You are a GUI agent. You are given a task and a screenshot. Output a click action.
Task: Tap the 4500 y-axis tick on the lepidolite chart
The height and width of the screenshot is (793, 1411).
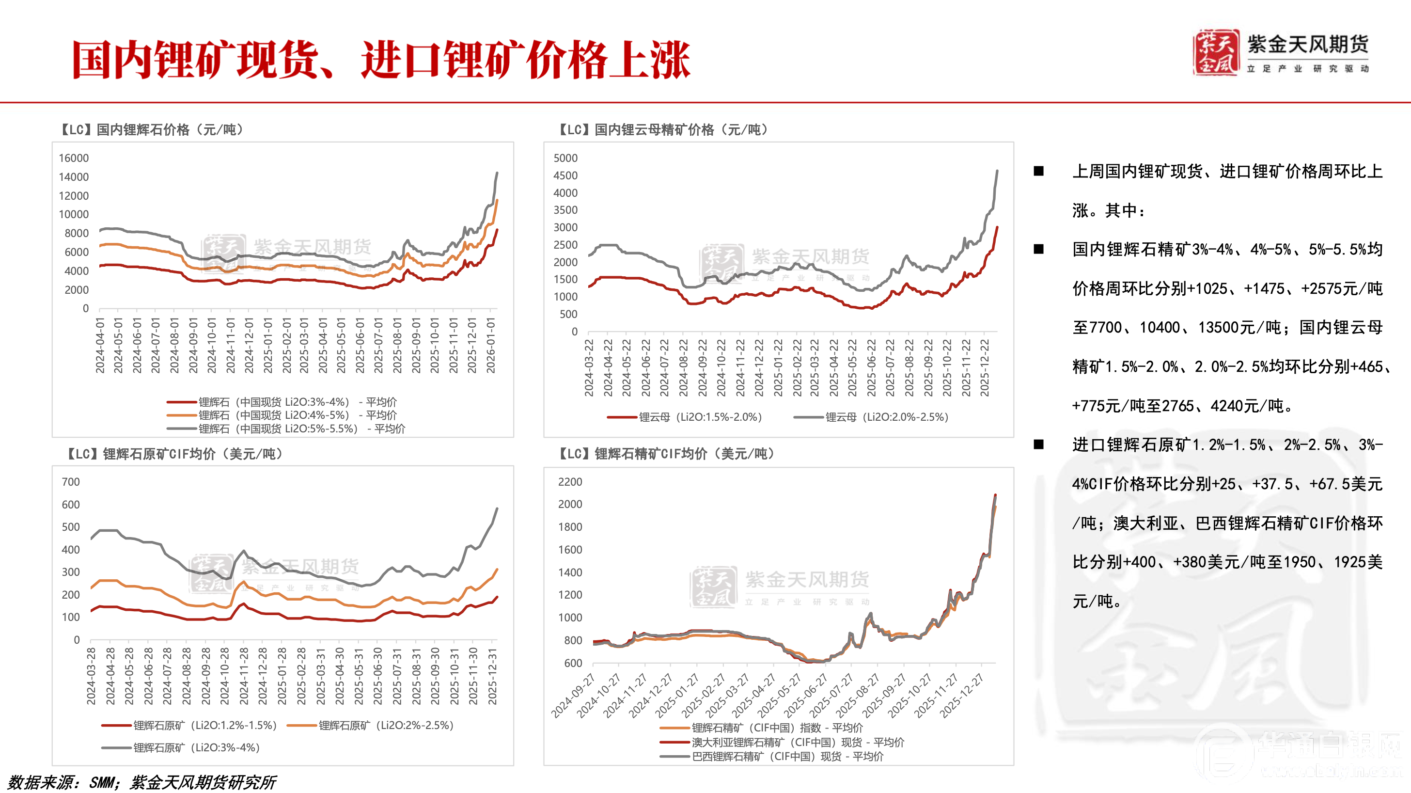point(565,175)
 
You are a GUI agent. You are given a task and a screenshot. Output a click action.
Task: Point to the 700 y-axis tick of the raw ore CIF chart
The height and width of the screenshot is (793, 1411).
point(71,482)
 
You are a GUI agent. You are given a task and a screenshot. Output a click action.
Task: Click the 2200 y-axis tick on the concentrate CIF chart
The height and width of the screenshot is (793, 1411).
point(570,482)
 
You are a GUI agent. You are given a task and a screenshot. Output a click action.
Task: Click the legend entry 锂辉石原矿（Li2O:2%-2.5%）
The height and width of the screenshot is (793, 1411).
point(386,725)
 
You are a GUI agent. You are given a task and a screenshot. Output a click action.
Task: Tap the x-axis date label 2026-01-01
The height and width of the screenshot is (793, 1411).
point(491,345)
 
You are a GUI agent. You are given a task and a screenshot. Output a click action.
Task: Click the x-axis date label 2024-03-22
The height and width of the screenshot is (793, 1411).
point(589,367)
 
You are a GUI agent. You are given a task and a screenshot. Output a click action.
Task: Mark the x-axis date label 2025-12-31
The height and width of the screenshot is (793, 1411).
point(492,676)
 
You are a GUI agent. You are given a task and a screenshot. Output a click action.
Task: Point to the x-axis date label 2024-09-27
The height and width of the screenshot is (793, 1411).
point(573,696)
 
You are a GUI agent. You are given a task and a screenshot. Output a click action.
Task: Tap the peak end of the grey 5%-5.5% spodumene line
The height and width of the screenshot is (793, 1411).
point(497,173)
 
